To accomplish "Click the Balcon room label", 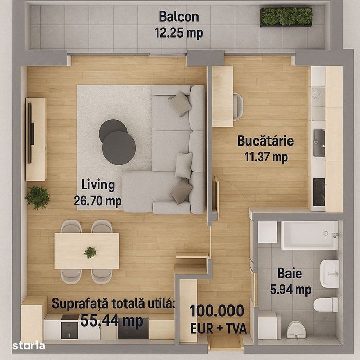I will [178, 16].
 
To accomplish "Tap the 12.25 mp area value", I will [178, 33].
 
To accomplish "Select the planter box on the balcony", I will [286, 16].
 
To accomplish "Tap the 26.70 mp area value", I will [98, 201].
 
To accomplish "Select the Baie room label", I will [290, 274].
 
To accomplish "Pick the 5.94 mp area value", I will [290, 290].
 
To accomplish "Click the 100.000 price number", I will [217, 311].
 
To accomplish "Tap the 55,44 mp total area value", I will [112, 320].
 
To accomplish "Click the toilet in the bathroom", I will [326, 304].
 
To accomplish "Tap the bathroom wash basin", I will [330, 273].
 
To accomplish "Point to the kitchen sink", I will [319, 142].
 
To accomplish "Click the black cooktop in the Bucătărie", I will [319, 192].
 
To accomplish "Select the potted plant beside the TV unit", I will [38, 197].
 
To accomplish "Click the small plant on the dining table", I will [91, 252].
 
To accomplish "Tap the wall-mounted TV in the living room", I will [31, 124].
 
